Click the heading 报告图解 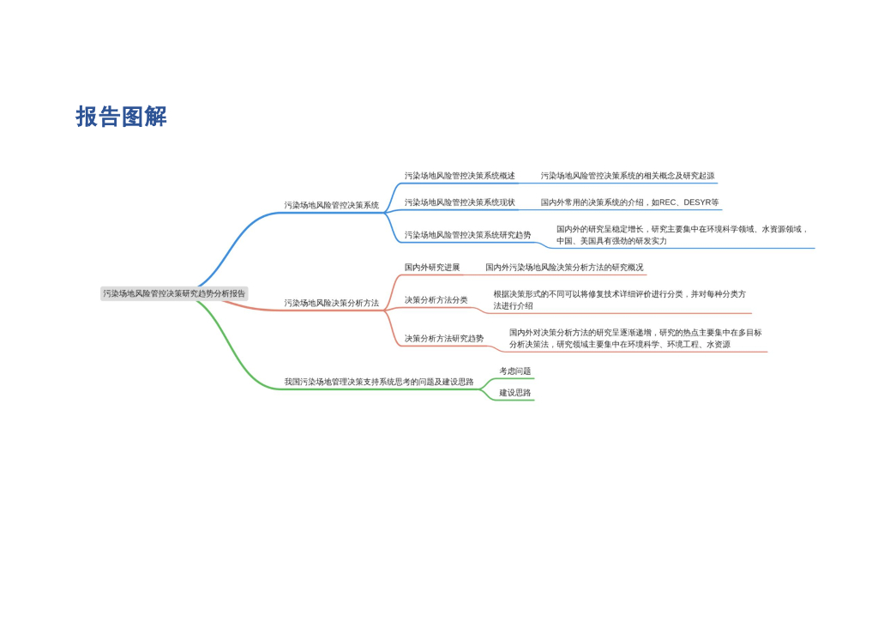pos(121,117)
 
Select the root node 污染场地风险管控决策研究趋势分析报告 pos(174,293)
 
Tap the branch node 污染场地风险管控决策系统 pos(331,206)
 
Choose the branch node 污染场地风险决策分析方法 pos(331,304)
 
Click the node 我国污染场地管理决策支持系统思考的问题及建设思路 pos(378,383)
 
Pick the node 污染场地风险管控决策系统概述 pos(460,177)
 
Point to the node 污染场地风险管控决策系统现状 pos(460,203)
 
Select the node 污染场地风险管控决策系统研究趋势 pos(467,235)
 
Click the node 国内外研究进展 pos(432,268)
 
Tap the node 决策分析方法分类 pos(436,300)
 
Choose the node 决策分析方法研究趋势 pos(444,339)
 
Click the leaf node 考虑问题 pos(515,371)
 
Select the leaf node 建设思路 pos(515,393)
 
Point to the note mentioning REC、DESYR pos(629,203)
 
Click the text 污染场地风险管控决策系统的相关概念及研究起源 pos(627,177)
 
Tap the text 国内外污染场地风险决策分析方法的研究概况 pos(564,268)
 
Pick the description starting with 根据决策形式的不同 pos(619,300)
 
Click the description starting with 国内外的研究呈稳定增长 pos(682,235)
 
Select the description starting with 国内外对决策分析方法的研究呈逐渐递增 pos(635,339)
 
